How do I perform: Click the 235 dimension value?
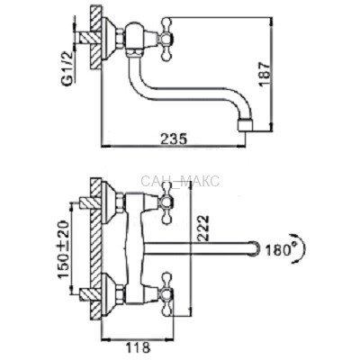(174, 139)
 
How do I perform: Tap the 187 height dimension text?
(265, 74)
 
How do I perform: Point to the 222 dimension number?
(203, 228)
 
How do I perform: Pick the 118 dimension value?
(137, 348)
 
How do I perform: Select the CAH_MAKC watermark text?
(180, 182)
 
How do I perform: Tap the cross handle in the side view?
(166, 40)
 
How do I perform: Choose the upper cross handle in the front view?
(166, 204)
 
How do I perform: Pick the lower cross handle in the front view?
(166, 294)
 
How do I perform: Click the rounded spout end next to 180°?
(255, 249)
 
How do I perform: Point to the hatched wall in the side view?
(95, 39)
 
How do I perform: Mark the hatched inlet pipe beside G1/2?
(86, 38)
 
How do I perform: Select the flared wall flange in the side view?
(109, 39)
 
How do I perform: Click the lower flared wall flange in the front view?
(109, 294)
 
